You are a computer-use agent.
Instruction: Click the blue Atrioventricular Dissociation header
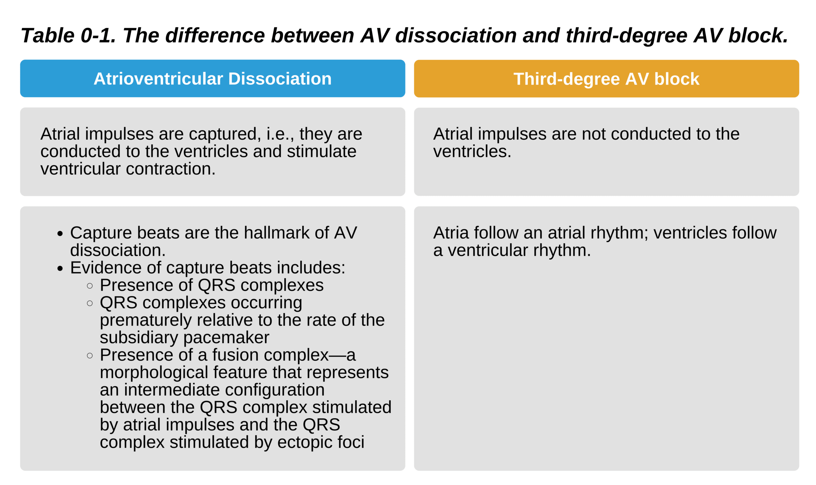[212, 78]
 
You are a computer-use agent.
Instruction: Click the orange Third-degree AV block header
[606, 78]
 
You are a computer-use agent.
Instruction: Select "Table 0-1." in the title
[68, 35]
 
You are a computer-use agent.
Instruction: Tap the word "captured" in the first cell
[225, 134]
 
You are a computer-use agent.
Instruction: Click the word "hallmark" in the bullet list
[277, 233]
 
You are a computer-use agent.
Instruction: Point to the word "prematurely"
[146, 320]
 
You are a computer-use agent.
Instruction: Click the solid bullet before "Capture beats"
[60, 233]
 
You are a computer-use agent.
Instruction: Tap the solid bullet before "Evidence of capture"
[60, 268]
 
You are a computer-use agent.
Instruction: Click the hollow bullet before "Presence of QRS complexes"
[90, 286]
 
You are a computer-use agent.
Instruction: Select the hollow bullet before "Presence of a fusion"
[90, 356]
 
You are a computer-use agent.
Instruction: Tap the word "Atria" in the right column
[451, 233]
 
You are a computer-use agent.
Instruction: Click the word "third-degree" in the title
[627, 35]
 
